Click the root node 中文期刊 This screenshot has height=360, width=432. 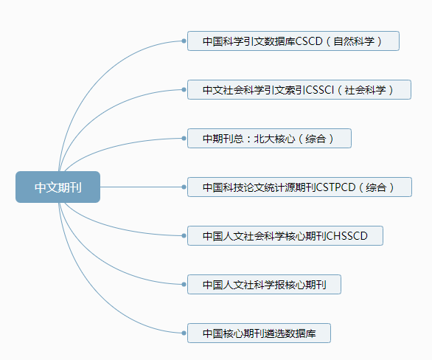pyautogui.click(x=58, y=187)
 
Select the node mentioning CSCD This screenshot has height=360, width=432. pyautogui.click(x=293, y=41)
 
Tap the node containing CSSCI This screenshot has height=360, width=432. pyautogui.click(x=299, y=89)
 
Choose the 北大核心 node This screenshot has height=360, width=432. pyautogui.click(x=269, y=139)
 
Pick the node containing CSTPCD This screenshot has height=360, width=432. pyautogui.click(x=299, y=187)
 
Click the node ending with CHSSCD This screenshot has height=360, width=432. pyautogui.click(x=285, y=235)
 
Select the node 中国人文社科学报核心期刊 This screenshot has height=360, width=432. pyautogui.click(x=264, y=284)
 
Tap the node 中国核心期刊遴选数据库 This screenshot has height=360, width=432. pyautogui.click(x=259, y=333)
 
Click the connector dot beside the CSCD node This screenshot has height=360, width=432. pyautogui.click(x=184, y=41)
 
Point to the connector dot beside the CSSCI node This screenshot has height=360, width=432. pyautogui.click(x=184, y=89)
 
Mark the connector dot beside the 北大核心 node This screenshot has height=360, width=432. pyautogui.click(x=184, y=139)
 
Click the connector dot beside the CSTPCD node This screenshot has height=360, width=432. pyautogui.click(x=184, y=187)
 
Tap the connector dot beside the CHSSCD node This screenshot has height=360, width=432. pyautogui.click(x=184, y=235)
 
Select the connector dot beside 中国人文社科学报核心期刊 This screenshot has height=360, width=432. pyautogui.click(x=184, y=284)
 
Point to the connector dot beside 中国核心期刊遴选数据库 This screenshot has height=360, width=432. pyautogui.click(x=184, y=333)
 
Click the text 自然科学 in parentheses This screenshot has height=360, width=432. pyautogui.click(x=354, y=41)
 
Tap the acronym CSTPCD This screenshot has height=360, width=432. pyautogui.click(x=335, y=187)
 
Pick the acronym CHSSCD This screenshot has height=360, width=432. pyautogui.click(x=346, y=236)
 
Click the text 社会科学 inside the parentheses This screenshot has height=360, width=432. pyautogui.click(x=366, y=90)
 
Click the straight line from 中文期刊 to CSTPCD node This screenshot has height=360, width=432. pyautogui.click(x=141, y=187)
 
